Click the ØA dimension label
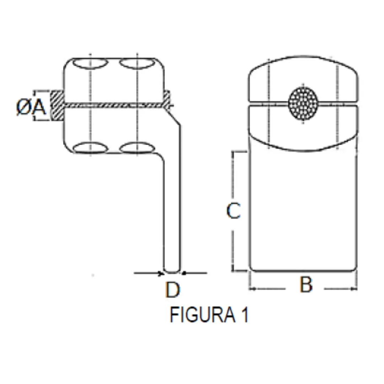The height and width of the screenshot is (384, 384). coord(32,106)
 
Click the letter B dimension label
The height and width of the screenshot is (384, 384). coord(306,285)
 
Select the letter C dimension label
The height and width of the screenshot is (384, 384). coord(234,211)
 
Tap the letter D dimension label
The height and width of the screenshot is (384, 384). coord(173,290)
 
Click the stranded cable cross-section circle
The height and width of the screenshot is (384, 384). coord(303,103)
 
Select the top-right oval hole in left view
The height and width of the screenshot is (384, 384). coord(137,64)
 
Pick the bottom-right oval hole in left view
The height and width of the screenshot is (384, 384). coord(137,147)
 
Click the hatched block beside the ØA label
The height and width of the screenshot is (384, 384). coord(56,106)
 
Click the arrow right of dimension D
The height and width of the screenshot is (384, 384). coord(194,273)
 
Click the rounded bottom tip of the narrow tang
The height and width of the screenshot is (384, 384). coord(172,270)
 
